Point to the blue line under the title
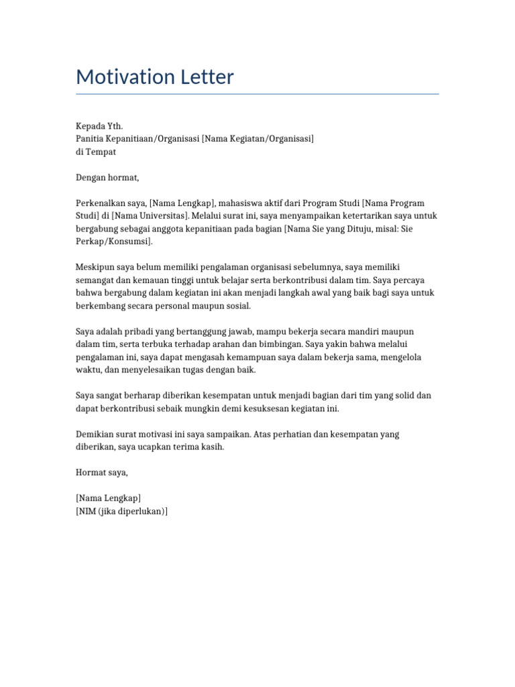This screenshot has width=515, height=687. (x=257, y=94)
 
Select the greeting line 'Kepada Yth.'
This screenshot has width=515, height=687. (x=99, y=126)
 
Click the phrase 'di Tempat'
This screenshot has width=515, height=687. (x=96, y=152)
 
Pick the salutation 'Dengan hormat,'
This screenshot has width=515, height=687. (x=107, y=178)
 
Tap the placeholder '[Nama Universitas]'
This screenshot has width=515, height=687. (x=150, y=216)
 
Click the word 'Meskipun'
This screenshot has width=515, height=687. (x=95, y=267)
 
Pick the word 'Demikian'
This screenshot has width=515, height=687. (x=95, y=434)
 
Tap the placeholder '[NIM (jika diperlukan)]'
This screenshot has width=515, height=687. (x=122, y=512)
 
